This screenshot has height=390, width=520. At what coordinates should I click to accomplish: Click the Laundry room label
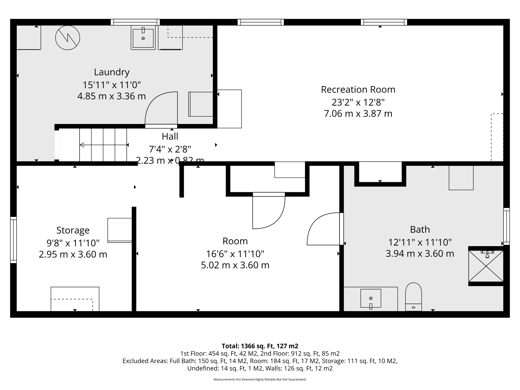[x=112, y=72]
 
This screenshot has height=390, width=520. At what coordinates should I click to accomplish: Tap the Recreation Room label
[x=358, y=90]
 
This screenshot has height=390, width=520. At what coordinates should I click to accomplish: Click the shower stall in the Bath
[x=486, y=266]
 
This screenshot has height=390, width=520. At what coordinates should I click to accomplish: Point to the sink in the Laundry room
[x=143, y=38]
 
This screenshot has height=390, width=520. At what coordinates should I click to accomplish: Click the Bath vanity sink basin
[x=371, y=298]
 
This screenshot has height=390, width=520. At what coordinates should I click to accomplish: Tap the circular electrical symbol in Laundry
[x=68, y=38]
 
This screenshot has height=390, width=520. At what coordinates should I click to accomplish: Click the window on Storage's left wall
[x=13, y=240]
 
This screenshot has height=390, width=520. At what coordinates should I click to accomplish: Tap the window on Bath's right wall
[x=506, y=226]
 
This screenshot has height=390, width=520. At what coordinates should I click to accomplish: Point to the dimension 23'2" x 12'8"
[x=358, y=102]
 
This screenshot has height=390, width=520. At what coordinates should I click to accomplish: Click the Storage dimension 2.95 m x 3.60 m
[x=73, y=254]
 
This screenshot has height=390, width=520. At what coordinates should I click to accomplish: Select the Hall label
[x=170, y=137]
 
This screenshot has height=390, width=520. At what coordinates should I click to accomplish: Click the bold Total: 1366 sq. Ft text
[x=260, y=346]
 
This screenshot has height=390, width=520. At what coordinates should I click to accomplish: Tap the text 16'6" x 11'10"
[x=235, y=254]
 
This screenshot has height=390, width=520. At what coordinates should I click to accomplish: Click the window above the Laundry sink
[x=135, y=22]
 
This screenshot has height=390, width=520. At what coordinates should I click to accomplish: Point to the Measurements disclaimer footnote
[x=260, y=379]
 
